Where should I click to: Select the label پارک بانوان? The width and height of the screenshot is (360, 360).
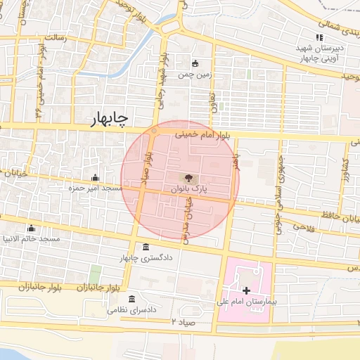tap(188, 190)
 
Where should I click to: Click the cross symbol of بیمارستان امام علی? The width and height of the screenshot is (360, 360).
tap(245, 290)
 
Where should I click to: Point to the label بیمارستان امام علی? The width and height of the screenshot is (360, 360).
tap(245, 301)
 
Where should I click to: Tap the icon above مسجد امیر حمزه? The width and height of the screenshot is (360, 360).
tap(95, 178)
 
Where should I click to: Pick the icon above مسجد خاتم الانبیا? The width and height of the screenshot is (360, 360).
tap(30, 228)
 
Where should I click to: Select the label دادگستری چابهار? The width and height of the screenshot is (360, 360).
tap(146, 258)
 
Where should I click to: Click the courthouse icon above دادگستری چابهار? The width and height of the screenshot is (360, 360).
tap(146, 247)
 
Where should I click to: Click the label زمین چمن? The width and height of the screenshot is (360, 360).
tap(195, 73)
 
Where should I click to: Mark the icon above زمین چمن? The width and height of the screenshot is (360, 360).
tap(195, 63)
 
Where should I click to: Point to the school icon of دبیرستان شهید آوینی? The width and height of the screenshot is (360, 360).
tap(319, 38)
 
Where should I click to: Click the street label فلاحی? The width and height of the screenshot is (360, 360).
tap(304, 226)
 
